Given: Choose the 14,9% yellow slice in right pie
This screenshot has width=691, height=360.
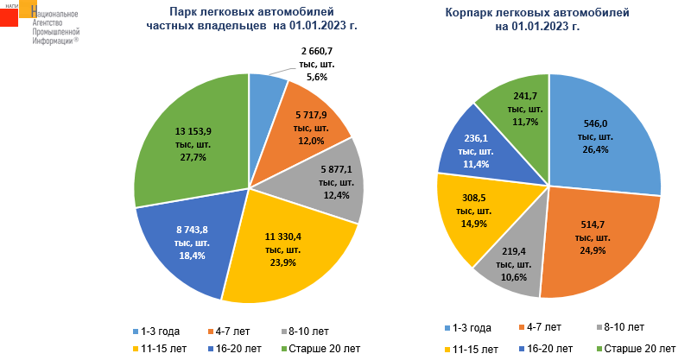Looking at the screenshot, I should point(471,216).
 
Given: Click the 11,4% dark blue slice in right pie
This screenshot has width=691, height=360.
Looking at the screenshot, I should point(471,151).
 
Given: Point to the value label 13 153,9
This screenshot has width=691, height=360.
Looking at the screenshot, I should point(193,131).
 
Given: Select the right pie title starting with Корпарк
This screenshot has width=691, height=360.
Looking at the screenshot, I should point(536,20).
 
